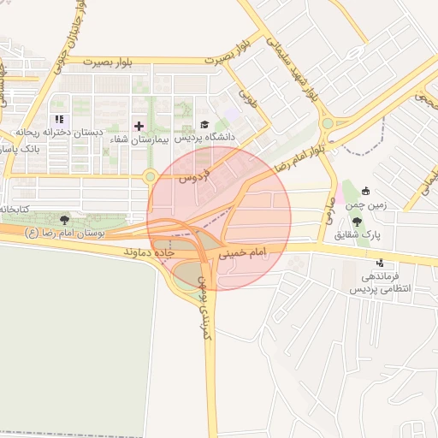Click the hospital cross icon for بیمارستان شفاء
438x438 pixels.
pos(139,126)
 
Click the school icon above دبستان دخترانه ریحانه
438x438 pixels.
pos(59,121)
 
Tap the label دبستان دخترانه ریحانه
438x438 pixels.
pos(59,133)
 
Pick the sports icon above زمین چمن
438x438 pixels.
pos(367,191)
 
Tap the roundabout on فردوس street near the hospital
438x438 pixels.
pos(151,177)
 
